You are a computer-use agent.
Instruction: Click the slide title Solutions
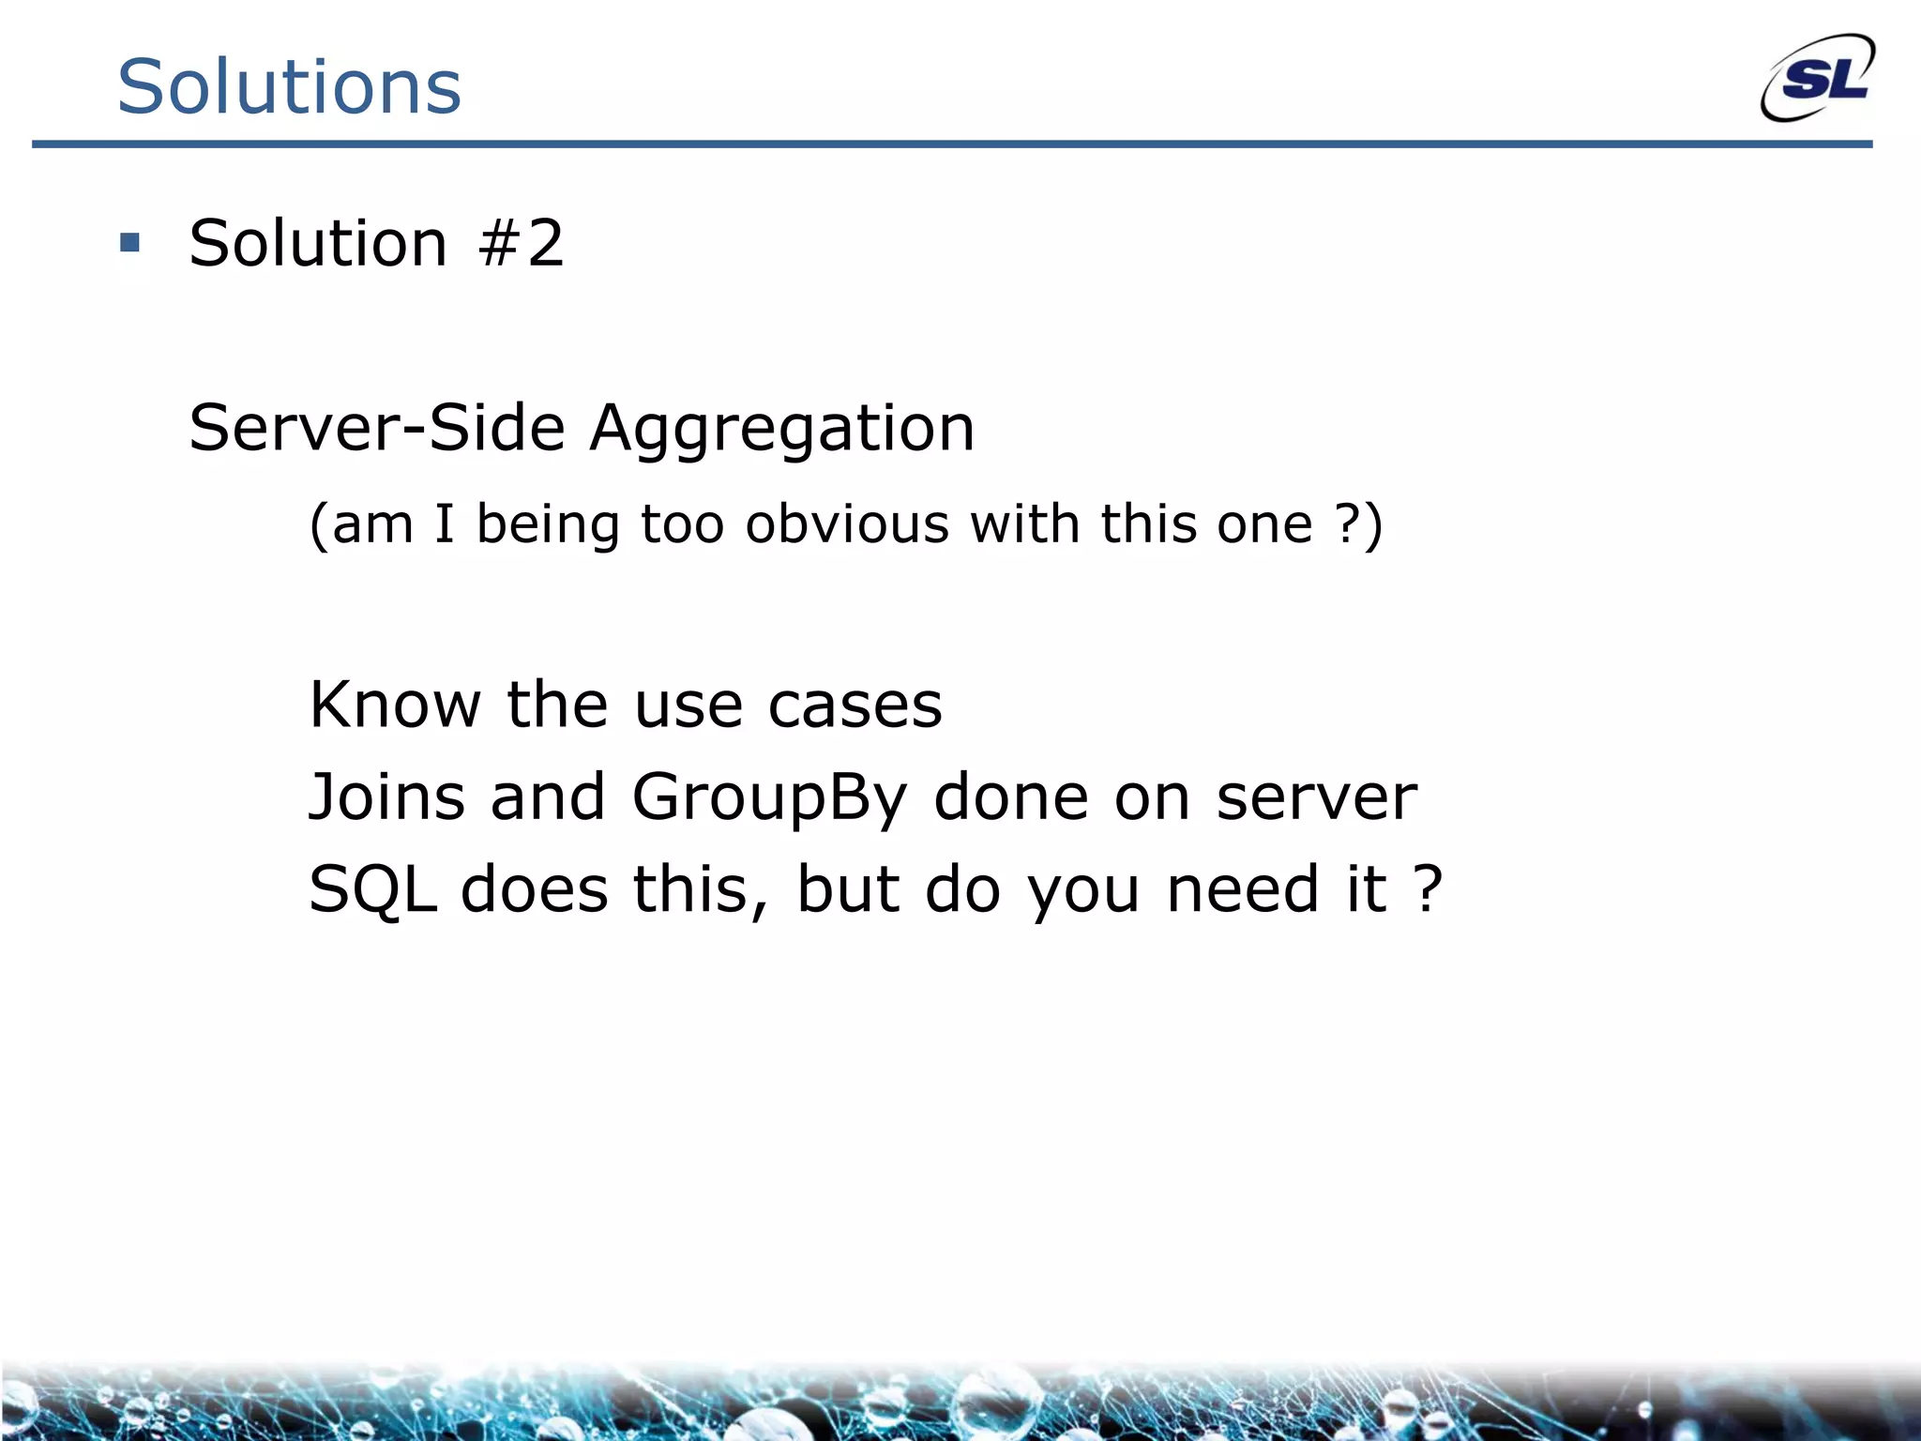(x=289, y=86)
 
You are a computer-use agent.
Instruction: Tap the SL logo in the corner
(x=1818, y=79)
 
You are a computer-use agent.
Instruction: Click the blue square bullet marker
(x=130, y=244)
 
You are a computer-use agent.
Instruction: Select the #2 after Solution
(x=521, y=243)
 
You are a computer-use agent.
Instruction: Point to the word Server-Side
(x=377, y=428)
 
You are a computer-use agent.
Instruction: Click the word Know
(x=395, y=705)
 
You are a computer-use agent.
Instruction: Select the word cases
(x=855, y=706)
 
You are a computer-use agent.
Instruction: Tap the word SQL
(x=372, y=889)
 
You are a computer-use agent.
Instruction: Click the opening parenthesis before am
(x=319, y=525)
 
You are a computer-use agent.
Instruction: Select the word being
(x=548, y=525)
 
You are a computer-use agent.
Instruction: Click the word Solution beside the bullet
(x=318, y=243)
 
